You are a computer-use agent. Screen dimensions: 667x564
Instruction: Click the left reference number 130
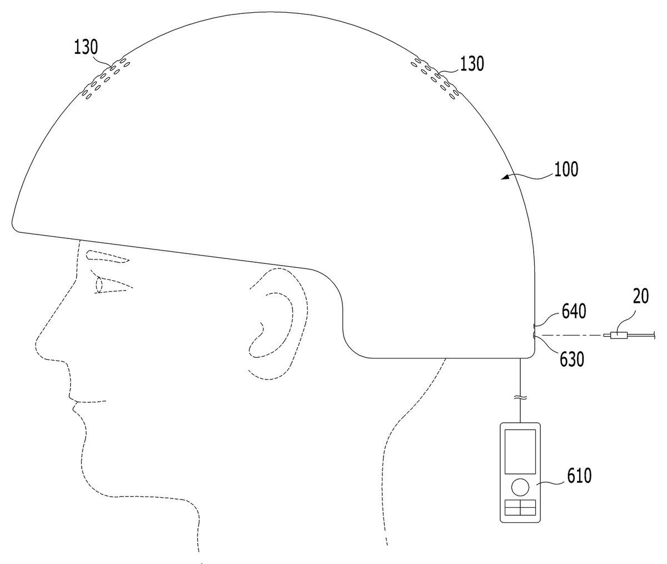pyautogui.click(x=86, y=47)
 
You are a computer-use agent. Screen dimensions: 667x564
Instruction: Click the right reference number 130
pyautogui.click(x=472, y=63)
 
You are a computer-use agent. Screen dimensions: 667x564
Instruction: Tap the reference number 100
pyautogui.click(x=566, y=169)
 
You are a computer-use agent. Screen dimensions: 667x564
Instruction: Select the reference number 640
pyautogui.click(x=574, y=311)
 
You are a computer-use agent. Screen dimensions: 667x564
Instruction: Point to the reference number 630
pyautogui.click(x=572, y=359)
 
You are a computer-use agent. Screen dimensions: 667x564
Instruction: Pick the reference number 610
pyautogui.click(x=580, y=476)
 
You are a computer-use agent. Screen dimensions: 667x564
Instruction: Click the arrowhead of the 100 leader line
pyautogui.click(x=505, y=177)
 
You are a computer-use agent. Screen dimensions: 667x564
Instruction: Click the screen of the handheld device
pyautogui.click(x=520, y=452)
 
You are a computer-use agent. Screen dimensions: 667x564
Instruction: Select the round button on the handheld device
pyautogui.click(x=520, y=487)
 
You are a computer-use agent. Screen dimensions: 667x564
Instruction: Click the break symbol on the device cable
pyautogui.click(x=520, y=399)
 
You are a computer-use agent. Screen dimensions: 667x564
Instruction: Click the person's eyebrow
pyautogui.click(x=107, y=257)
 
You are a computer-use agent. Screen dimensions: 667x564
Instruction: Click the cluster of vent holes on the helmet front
pyautogui.click(x=106, y=78)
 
